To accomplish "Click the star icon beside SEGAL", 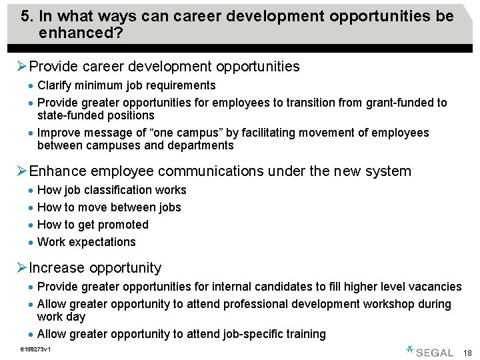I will pyautogui.click(x=410, y=349).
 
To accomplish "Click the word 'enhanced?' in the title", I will pyautogui.click(x=81, y=32).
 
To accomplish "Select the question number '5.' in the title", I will pyautogui.click(x=27, y=16).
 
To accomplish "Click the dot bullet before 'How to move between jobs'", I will pyautogui.click(x=31, y=208).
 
